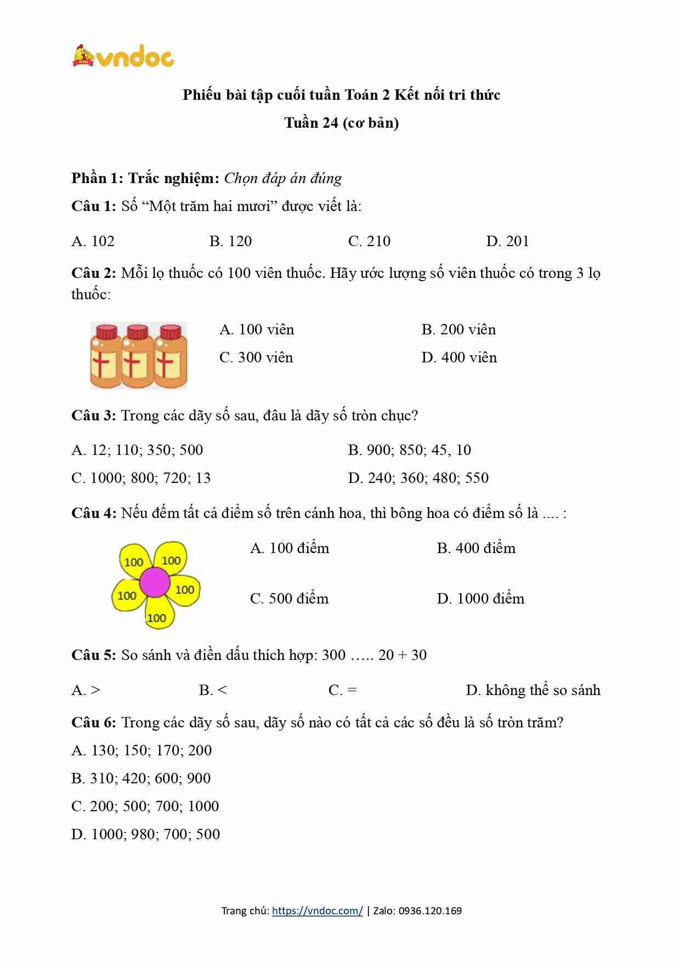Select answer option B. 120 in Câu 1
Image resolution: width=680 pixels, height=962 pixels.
tap(230, 241)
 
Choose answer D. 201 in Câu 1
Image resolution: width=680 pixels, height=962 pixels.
tap(507, 241)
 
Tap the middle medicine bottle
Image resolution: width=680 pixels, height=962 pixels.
tap(138, 356)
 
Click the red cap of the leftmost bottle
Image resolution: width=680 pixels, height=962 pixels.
tap(106, 332)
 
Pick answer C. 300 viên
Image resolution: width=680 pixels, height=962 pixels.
tap(256, 357)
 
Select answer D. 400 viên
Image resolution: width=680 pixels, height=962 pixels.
tap(459, 357)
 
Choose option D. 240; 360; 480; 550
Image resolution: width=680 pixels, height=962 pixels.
tap(418, 478)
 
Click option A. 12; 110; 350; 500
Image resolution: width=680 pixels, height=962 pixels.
tap(137, 450)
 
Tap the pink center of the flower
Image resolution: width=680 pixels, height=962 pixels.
tap(154, 582)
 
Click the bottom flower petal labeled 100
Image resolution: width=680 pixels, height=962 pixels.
tap(157, 615)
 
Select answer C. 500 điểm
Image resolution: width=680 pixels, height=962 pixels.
tap(289, 599)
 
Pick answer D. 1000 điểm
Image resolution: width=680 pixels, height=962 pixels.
tap(480, 599)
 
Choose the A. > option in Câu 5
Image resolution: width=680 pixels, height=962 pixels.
tap(86, 690)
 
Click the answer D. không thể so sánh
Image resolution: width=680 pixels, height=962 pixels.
tap(533, 690)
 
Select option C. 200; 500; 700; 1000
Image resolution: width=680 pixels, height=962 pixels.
tap(145, 806)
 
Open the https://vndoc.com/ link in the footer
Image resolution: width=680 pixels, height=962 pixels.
tap(317, 911)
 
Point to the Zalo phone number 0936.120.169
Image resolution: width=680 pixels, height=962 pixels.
tap(430, 911)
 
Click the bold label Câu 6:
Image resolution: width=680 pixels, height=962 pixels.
tap(93, 722)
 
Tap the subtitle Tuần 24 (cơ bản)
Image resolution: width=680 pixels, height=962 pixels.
tap(341, 123)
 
